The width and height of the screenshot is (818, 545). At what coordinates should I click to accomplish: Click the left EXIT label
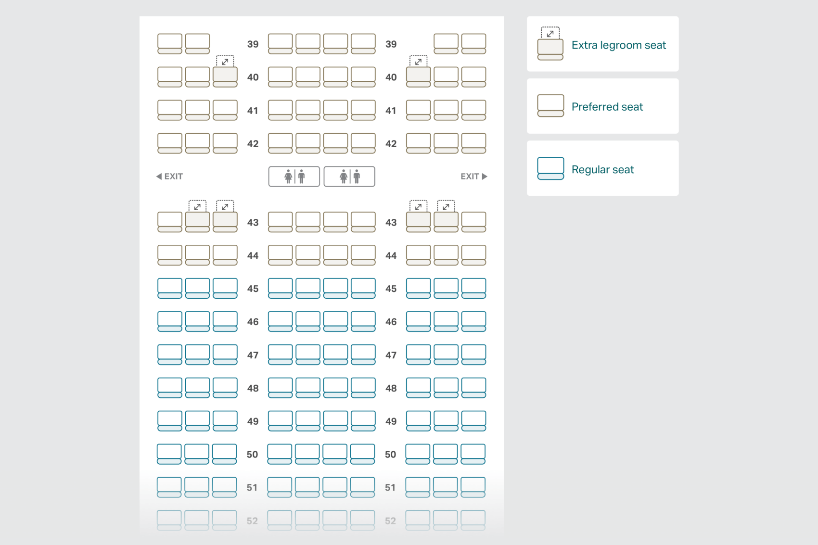click(169, 177)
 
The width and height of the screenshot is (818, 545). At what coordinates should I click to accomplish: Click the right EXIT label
click(473, 177)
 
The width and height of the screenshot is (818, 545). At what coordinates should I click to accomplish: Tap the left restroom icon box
click(294, 177)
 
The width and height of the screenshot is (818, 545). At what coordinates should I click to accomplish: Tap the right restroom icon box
click(349, 177)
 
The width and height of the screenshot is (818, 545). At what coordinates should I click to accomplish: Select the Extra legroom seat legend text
click(619, 45)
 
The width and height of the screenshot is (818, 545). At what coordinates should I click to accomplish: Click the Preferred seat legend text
click(607, 107)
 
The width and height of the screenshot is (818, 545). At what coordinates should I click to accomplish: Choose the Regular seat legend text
click(602, 169)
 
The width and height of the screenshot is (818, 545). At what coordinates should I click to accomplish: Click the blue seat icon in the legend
click(550, 168)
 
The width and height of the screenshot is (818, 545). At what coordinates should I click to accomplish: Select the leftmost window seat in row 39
click(170, 43)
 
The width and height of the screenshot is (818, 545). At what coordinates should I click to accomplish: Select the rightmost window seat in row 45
click(473, 288)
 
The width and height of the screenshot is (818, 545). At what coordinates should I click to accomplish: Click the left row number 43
click(253, 222)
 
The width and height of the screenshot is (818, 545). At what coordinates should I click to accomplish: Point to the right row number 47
click(391, 355)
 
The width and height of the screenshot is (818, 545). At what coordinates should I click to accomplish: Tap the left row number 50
click(252, 454)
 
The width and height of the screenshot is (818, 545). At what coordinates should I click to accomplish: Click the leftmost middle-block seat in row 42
click(281, 143)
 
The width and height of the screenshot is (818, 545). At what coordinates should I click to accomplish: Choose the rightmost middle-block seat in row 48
click(363, 388)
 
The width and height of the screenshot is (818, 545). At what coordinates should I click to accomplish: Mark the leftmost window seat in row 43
click(170, 222)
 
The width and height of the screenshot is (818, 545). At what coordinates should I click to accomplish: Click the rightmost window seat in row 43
click(473, 222)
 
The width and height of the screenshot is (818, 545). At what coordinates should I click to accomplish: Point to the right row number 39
click(391, 44)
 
